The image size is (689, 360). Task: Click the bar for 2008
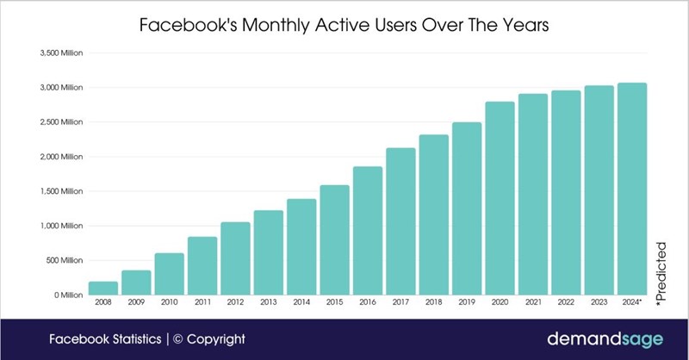[x=103, y=288]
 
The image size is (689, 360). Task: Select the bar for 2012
[x=235, y=258]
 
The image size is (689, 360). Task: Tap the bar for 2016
[x=368, y=231]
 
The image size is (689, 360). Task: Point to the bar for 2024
[x=631, y=189]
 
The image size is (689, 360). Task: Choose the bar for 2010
[x=170, y=274]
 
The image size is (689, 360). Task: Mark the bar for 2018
[x=433, y=214]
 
